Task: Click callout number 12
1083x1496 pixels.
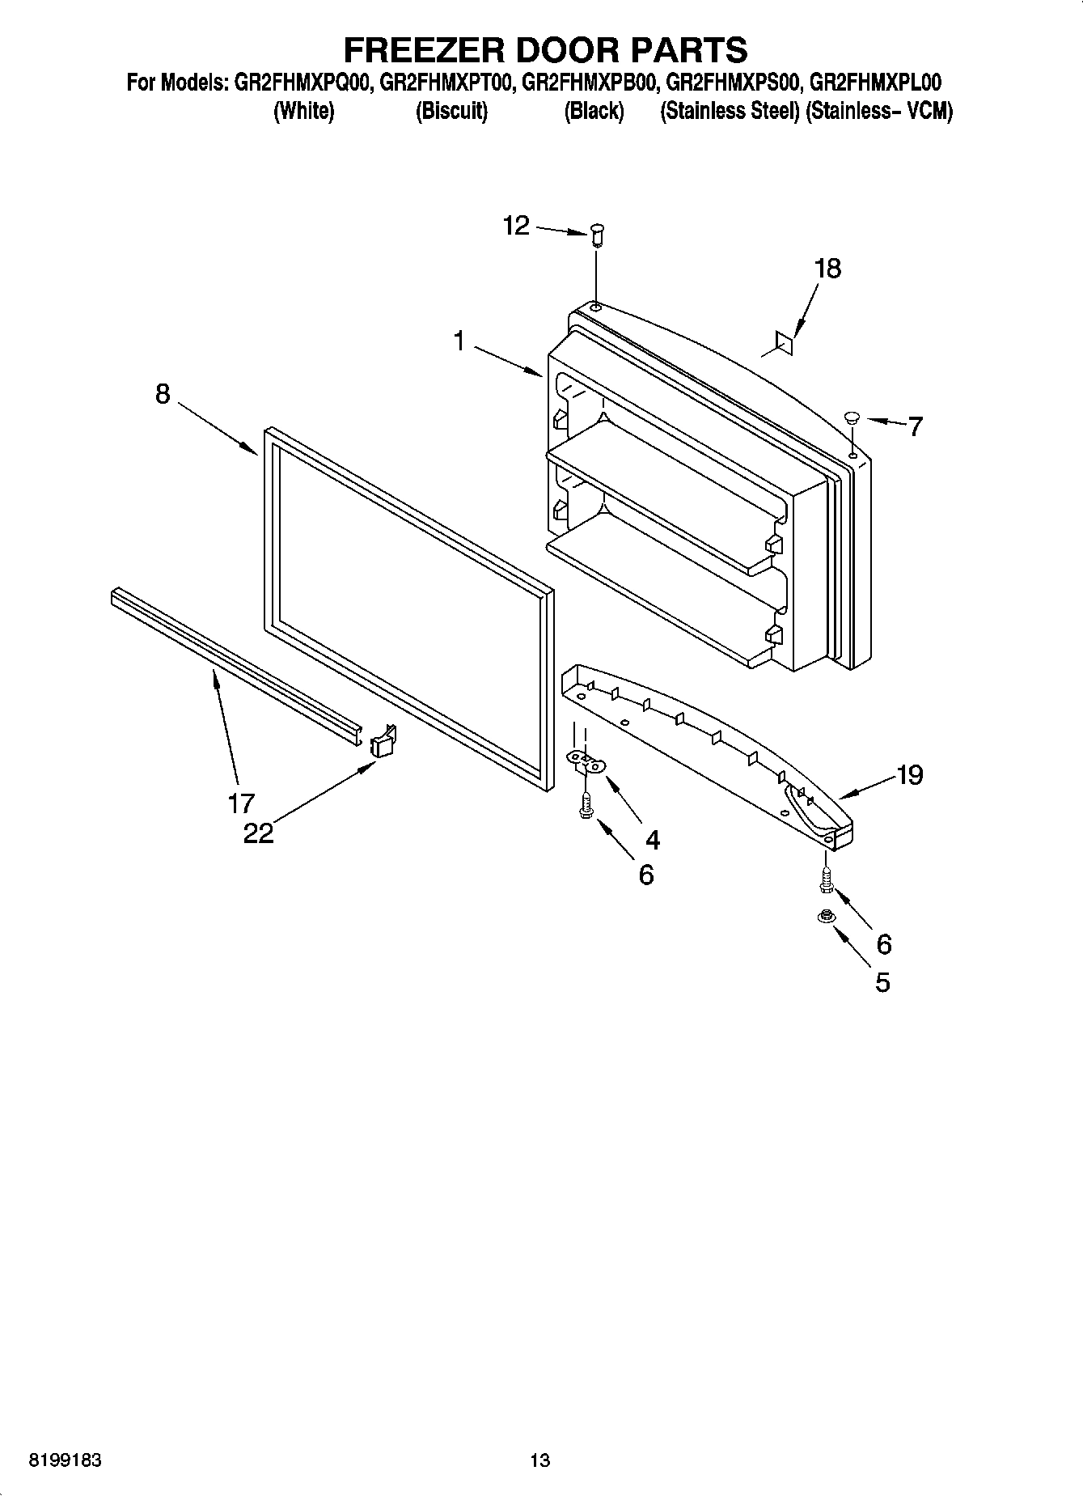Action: pyautogui.click(x=516, y=225)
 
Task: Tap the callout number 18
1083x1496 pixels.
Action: pyautogui.click(x=827, y=268)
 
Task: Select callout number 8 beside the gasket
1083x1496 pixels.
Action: pyautogui.click(x=163, y=394)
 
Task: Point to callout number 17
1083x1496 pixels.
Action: pyautogui.click(x=241, y=803)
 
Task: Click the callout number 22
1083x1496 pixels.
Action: pyautogui.click(x=259, y=833)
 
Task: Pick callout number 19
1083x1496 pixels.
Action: pyautogui.click(x=910, y=775)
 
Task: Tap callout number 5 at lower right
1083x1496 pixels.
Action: pyautogui.click(x=882, y=981)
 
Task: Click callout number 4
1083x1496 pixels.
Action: pyautogui.click(x=652, y=840)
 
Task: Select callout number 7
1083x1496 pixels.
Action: pyautogui.click(x=914, y=426)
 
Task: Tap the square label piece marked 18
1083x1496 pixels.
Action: pyautogui.click(x=783, y=342)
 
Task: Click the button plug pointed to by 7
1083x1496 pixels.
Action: pyautogui.click(x=852, y=417)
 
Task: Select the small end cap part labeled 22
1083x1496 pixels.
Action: pyautogui.click(x=383, y=742)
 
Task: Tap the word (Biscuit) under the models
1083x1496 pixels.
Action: pyautogui.click(x=451, y=112)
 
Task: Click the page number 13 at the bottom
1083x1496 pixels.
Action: pyautogui.click(x=539, y=1460)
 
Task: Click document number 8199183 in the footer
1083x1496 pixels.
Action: pyautogui.click(x=65, y=1460)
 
